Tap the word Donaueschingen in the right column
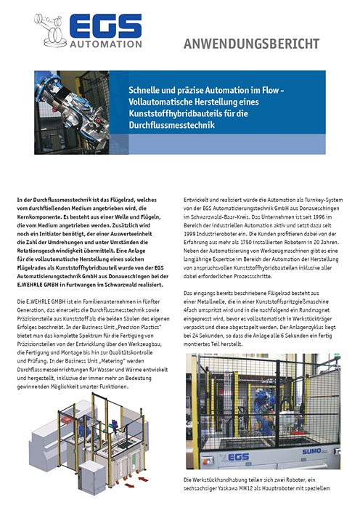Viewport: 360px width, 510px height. [x=316, y=207]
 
